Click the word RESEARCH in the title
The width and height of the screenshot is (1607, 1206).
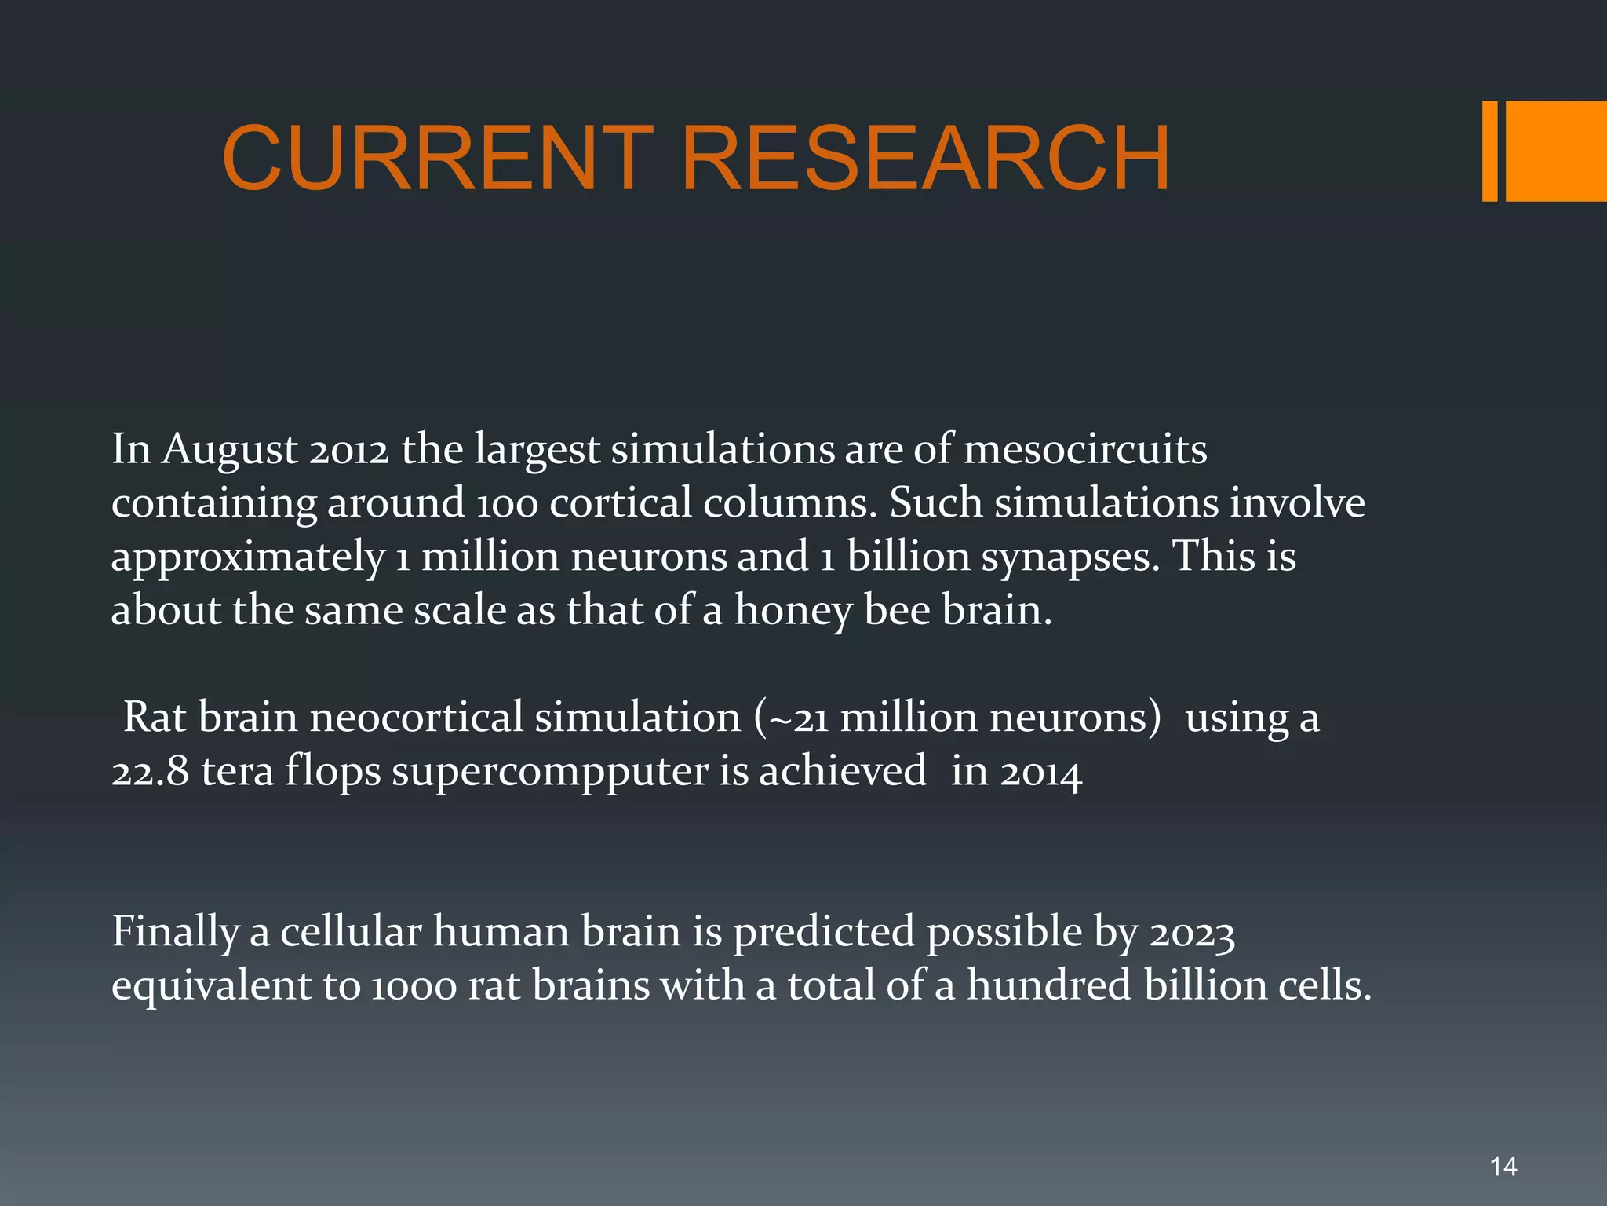tap(926, 159)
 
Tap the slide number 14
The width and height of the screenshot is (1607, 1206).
tap(1503, 1167)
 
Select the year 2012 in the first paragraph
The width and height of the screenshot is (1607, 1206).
tap(348, 450)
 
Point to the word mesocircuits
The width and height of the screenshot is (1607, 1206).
tap(1085, 450)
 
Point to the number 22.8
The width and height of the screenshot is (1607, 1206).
tap(150, 771)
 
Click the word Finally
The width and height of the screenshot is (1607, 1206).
tap(175, 933)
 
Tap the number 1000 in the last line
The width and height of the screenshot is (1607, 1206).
tap(413, 986)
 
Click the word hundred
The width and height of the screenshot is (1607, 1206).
tap(1049, 985)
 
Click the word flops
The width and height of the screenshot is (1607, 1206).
tap(333, 771)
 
